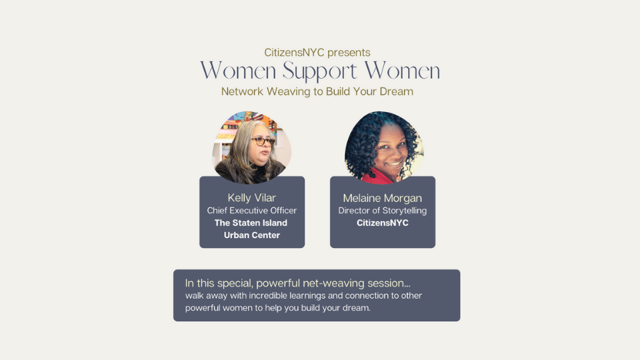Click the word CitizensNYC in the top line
tap(294, 53)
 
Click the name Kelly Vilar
tap(252, 198)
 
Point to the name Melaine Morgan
tap(383, 199)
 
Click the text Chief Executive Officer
tap(252, 211)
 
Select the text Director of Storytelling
tap(383, 211)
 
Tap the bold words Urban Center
tap(252, 235)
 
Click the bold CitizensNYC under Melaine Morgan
tap(383, 223)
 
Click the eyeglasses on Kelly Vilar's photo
tap(263, 141)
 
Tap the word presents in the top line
tap(349, 53)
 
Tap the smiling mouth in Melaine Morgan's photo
tap(394, 164)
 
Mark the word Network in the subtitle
tap(242, 91)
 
